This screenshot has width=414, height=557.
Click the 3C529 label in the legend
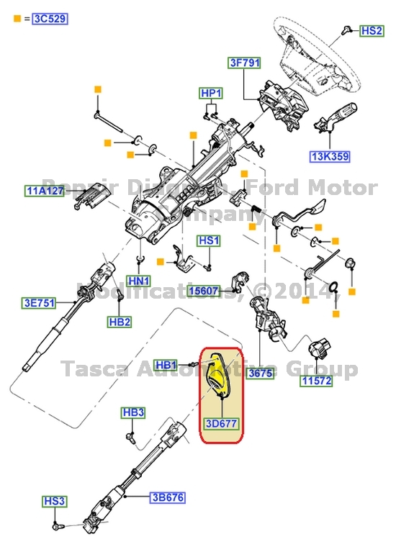(x=50, y=19)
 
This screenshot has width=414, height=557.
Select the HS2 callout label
(x=372, y=31)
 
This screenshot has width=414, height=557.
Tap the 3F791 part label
(x=243, y=63)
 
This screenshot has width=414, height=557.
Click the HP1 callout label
(x=211, y=94)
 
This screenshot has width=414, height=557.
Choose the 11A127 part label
(x=45, y=191)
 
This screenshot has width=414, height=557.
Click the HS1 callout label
(x=209, y=240)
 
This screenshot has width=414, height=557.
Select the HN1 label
(x=139, y=281)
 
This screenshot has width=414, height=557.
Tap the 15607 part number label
(x=204, y=291)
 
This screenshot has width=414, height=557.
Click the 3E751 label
(x=37, y=303)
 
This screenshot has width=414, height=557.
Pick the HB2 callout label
(x=120, y=321)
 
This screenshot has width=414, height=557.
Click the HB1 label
(x=166, y=366)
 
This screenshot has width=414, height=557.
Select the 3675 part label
(x=259, y=374)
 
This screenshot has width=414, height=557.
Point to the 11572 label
(x=316, y=381)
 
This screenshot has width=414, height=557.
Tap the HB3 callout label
(x=133, y=412)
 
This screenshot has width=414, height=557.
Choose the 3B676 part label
(x=168, y=497)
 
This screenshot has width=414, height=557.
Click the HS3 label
(x=54, y=501)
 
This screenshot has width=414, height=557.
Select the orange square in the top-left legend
(x=17, y=18)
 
